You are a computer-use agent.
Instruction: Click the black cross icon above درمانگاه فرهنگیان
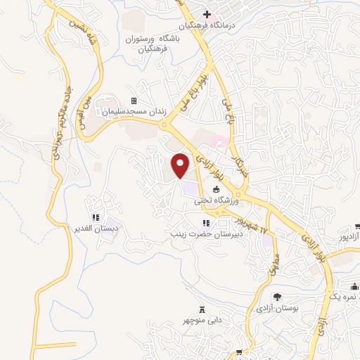coord(207,14)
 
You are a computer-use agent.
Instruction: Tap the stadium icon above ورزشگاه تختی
coord(217,189)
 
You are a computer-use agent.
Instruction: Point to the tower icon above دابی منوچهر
coord(203,309)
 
